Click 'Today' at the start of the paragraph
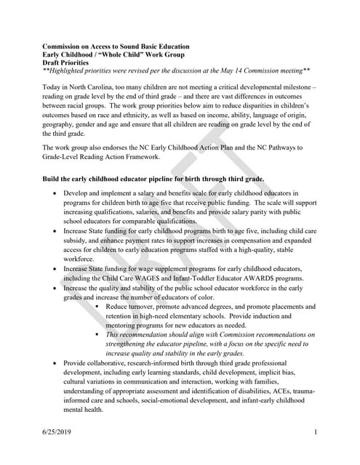(52, 86)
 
